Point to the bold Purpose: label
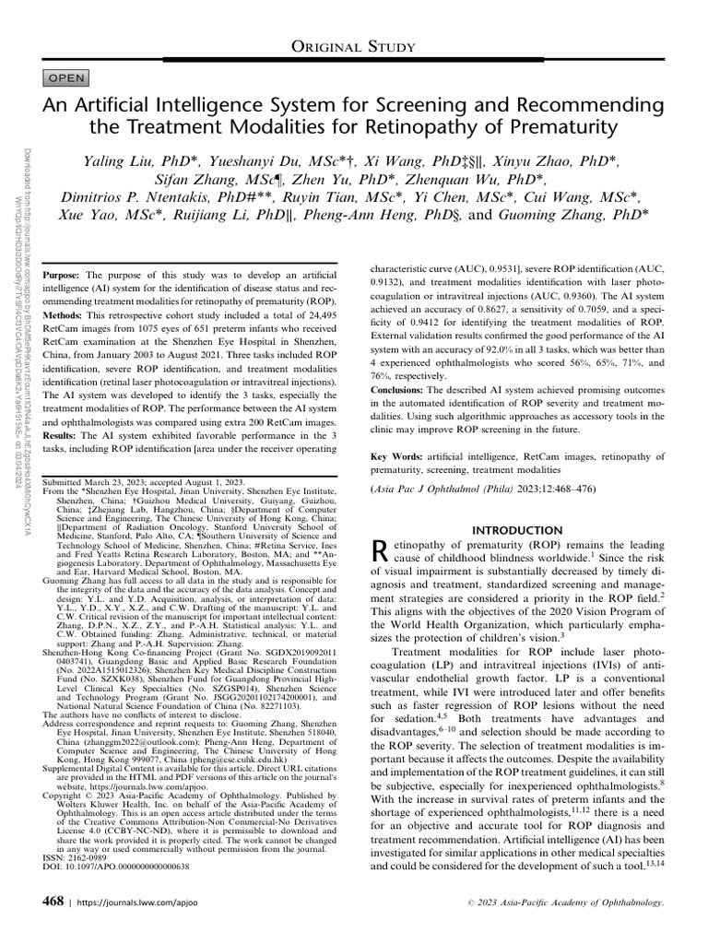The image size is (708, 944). (x=62, y=276)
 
